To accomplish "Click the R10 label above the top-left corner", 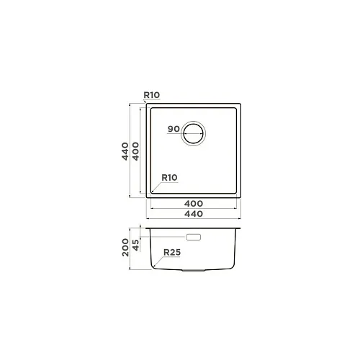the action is tap(152, 95).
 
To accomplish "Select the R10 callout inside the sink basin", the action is tap(169, 178).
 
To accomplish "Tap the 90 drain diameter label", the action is tap(174, 129).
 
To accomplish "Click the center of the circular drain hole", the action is tap(193, 133).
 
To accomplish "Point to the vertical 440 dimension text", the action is tap(125, 151).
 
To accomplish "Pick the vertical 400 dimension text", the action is tap(135, 151).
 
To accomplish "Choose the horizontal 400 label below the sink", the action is tap(194, 204).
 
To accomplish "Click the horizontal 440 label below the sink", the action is tap(194, 214).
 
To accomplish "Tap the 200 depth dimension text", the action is tap(125, 248).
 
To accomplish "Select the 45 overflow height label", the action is tap(135, 245).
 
